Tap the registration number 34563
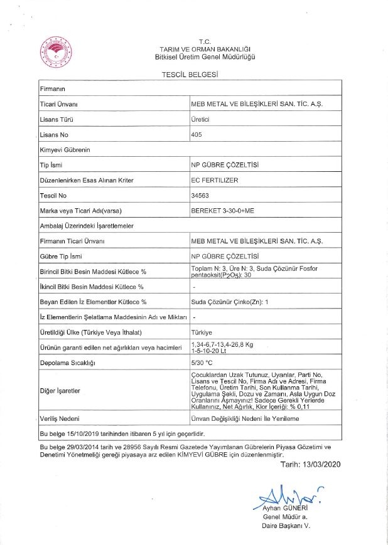coord(199,196)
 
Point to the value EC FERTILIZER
coord(214,181)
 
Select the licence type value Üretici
coord(200,119)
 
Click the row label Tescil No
coord(54,196)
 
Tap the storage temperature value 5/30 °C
coord(202,362)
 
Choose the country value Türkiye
coord(201,332)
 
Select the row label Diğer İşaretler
coord(60,390)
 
